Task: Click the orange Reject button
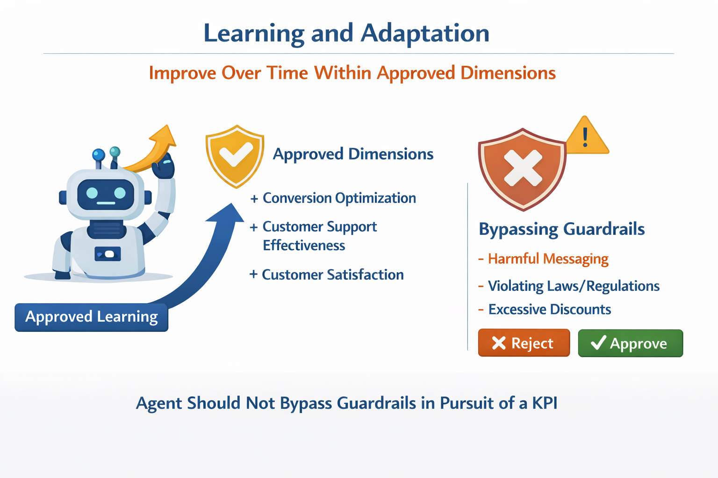tap(524, 343)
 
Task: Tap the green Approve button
tap(631, 343)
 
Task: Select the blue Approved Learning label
tap(91, 317)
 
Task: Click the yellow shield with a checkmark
tap(235, 156)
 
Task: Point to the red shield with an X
tap(523, 169)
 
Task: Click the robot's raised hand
tap(164, 166)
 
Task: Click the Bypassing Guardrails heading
tap(561, 229)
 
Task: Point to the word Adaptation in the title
tap(425, 34)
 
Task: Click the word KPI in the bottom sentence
tap(545, 403)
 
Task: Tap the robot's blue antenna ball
tap(99, 155)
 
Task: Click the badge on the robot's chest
tap(108, 254)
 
